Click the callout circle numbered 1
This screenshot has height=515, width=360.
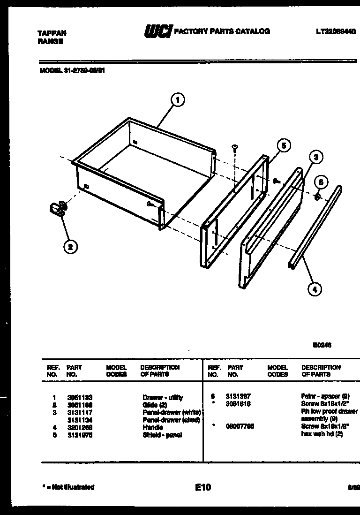coord(177,99)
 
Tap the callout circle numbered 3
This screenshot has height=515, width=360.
coord(316,157)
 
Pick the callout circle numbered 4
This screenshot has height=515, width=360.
coord(315,289)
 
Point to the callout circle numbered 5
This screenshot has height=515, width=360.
coord(283,145)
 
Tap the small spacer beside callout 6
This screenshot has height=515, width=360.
coord(316,197)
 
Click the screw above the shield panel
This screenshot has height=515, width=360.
coord(235,148)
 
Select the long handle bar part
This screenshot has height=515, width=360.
coord(315,227)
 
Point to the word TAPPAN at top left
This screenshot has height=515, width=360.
coord(52,33)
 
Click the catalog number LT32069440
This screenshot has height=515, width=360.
coord(336,32)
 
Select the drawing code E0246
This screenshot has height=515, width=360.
coord(322,345)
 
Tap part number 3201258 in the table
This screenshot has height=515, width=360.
coord(79,427)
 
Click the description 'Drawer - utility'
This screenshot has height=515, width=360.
coord(163,397)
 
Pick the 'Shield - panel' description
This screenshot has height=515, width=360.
coord(162,435)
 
